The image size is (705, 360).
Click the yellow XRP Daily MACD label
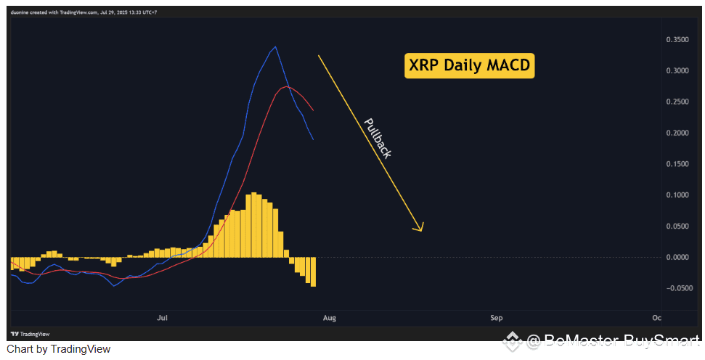pyautogui.click(x=470, y=65)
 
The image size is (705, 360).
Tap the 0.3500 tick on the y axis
pyautogui.click(x=677, y=39)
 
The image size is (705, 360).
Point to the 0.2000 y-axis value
pyautogui.click(x=677, y=133)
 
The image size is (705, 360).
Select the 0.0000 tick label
pyautogui.click(x=677, y=257)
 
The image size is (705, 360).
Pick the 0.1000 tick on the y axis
pyautogui.click(x=677, y=195)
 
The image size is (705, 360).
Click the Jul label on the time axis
pyautogui.click(x=162, y=318)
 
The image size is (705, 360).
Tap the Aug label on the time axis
pyautogui.click(x=329, y=318)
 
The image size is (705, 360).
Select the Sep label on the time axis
pyautogui.click(x=497, y=318)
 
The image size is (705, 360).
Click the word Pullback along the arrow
pyautogui.click(x=378, y=138)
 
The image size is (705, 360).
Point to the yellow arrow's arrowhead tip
pyautogui.click(x=421, y=232)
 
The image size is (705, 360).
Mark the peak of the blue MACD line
pyautogui.click(x=275, y=46)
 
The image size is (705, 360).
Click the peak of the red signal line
pyautogui.click(x=286, y=86)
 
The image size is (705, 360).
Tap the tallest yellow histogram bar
pyautogui.click(x=253, y=225)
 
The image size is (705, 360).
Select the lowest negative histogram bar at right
pyautogui.click(x=313, y=272)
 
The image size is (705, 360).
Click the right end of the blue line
pyautogui.click(x=313, y=139)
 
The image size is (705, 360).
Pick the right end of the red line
pyautogui.click(x=313, y=110)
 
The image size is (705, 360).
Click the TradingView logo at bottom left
pyautogui.click(x=30, y=334)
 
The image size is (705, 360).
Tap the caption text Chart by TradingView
pyautogui.click(x=59, y=349)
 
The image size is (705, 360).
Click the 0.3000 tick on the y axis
pyautogui.click(x=677, y=70)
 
